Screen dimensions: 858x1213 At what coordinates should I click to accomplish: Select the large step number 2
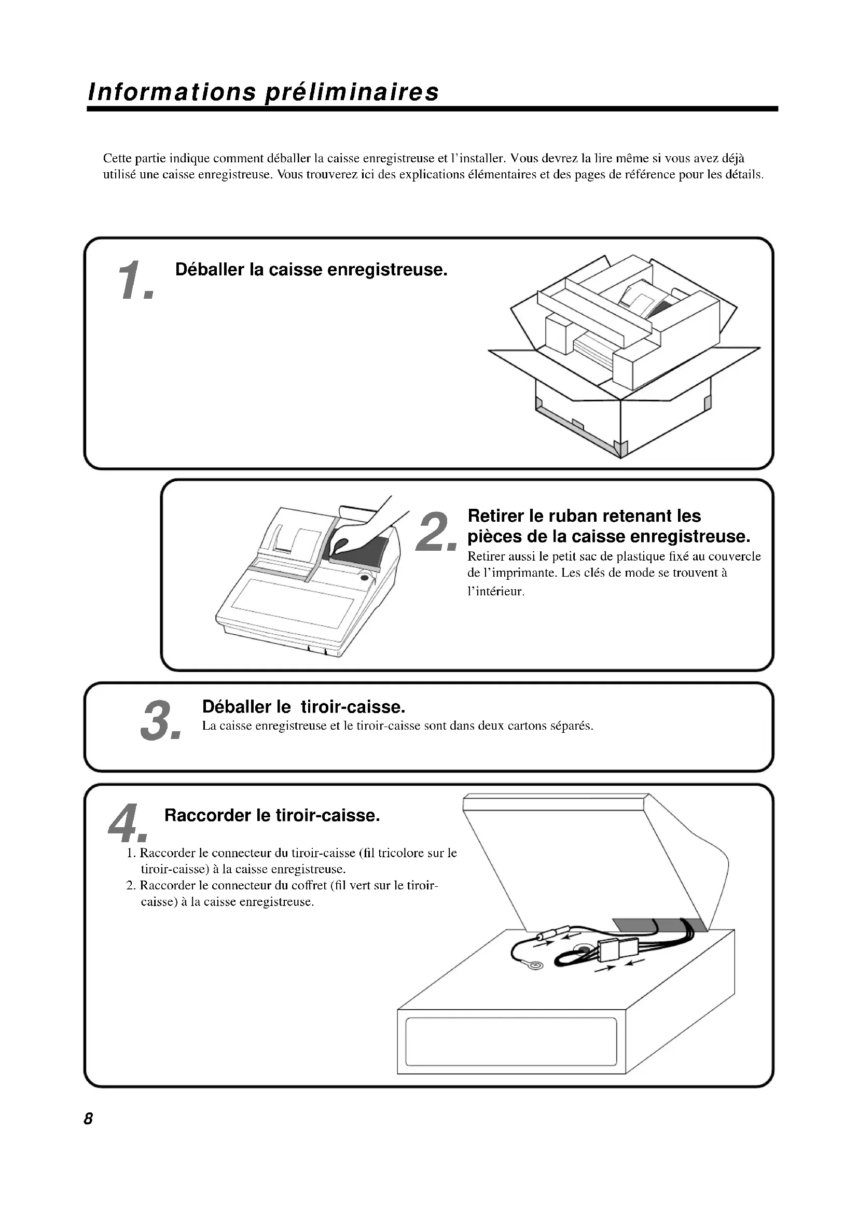(436, 533)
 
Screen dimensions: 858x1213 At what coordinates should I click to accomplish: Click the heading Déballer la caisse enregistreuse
(311, 270)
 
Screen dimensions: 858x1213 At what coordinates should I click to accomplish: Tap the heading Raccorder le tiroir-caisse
(272, 815)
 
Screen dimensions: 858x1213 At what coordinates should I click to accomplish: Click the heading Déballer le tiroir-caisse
(304, 706)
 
